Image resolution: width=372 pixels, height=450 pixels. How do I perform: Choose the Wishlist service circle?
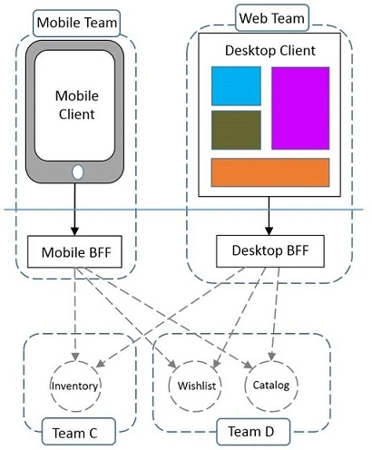click(196, 385)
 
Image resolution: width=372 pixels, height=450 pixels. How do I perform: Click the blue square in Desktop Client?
click(236, 86)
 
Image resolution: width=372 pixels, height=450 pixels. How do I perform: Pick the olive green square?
click(236, 130)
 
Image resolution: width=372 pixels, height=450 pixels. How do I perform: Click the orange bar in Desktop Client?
click(269, 172)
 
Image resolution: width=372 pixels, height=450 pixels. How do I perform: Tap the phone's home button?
click(77, 171)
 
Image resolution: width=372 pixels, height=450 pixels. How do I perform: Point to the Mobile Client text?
click(77, 104)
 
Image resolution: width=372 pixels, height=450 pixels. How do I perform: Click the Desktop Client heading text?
click(269, 50)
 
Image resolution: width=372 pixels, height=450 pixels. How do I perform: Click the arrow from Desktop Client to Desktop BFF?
click(269, 215)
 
